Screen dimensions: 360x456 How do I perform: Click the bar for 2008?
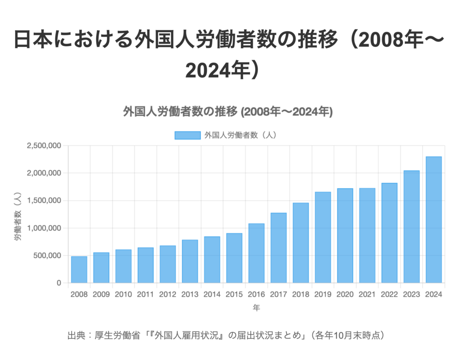pos(79,270)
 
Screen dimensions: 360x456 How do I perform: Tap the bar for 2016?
pos(256,253)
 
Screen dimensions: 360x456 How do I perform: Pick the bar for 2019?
pos(323,237)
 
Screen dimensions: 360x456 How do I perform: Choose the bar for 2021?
pos(367,236)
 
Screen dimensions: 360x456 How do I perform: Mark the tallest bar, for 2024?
pos(434,220)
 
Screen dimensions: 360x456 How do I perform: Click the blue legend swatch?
pos(187,135)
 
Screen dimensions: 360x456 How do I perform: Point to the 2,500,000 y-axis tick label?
pos(44,146)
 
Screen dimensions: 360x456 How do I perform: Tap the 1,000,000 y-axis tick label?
pos(44,228)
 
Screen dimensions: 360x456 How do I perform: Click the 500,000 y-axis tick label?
pos(46,256)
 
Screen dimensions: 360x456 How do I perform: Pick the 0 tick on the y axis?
pos(59,283)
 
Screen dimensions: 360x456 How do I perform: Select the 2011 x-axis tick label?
pos(146,295)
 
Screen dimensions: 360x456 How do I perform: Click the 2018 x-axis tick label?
pos(301,295)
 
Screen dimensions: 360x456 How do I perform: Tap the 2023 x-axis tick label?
pos(411,295)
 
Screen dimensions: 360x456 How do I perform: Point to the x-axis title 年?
pos(256,307)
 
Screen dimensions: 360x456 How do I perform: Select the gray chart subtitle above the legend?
pos(228,111)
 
